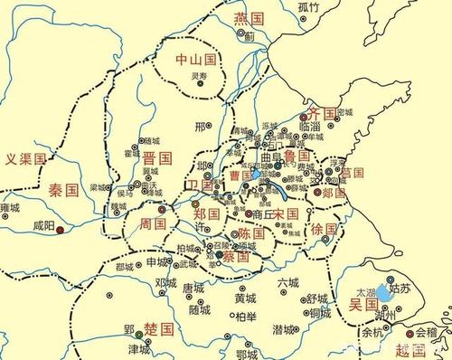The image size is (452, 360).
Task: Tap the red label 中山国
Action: click(197, 60)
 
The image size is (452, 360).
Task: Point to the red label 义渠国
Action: click(26, 160)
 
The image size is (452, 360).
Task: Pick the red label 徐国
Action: click(324, 231)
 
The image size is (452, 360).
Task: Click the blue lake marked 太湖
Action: click(385, 292)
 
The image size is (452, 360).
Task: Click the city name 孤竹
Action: click(308, 7)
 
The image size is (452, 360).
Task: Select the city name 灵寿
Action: click(200, 76)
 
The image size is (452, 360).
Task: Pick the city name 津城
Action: click(138, 348)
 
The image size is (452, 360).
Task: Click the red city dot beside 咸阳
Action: click(60, 231)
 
